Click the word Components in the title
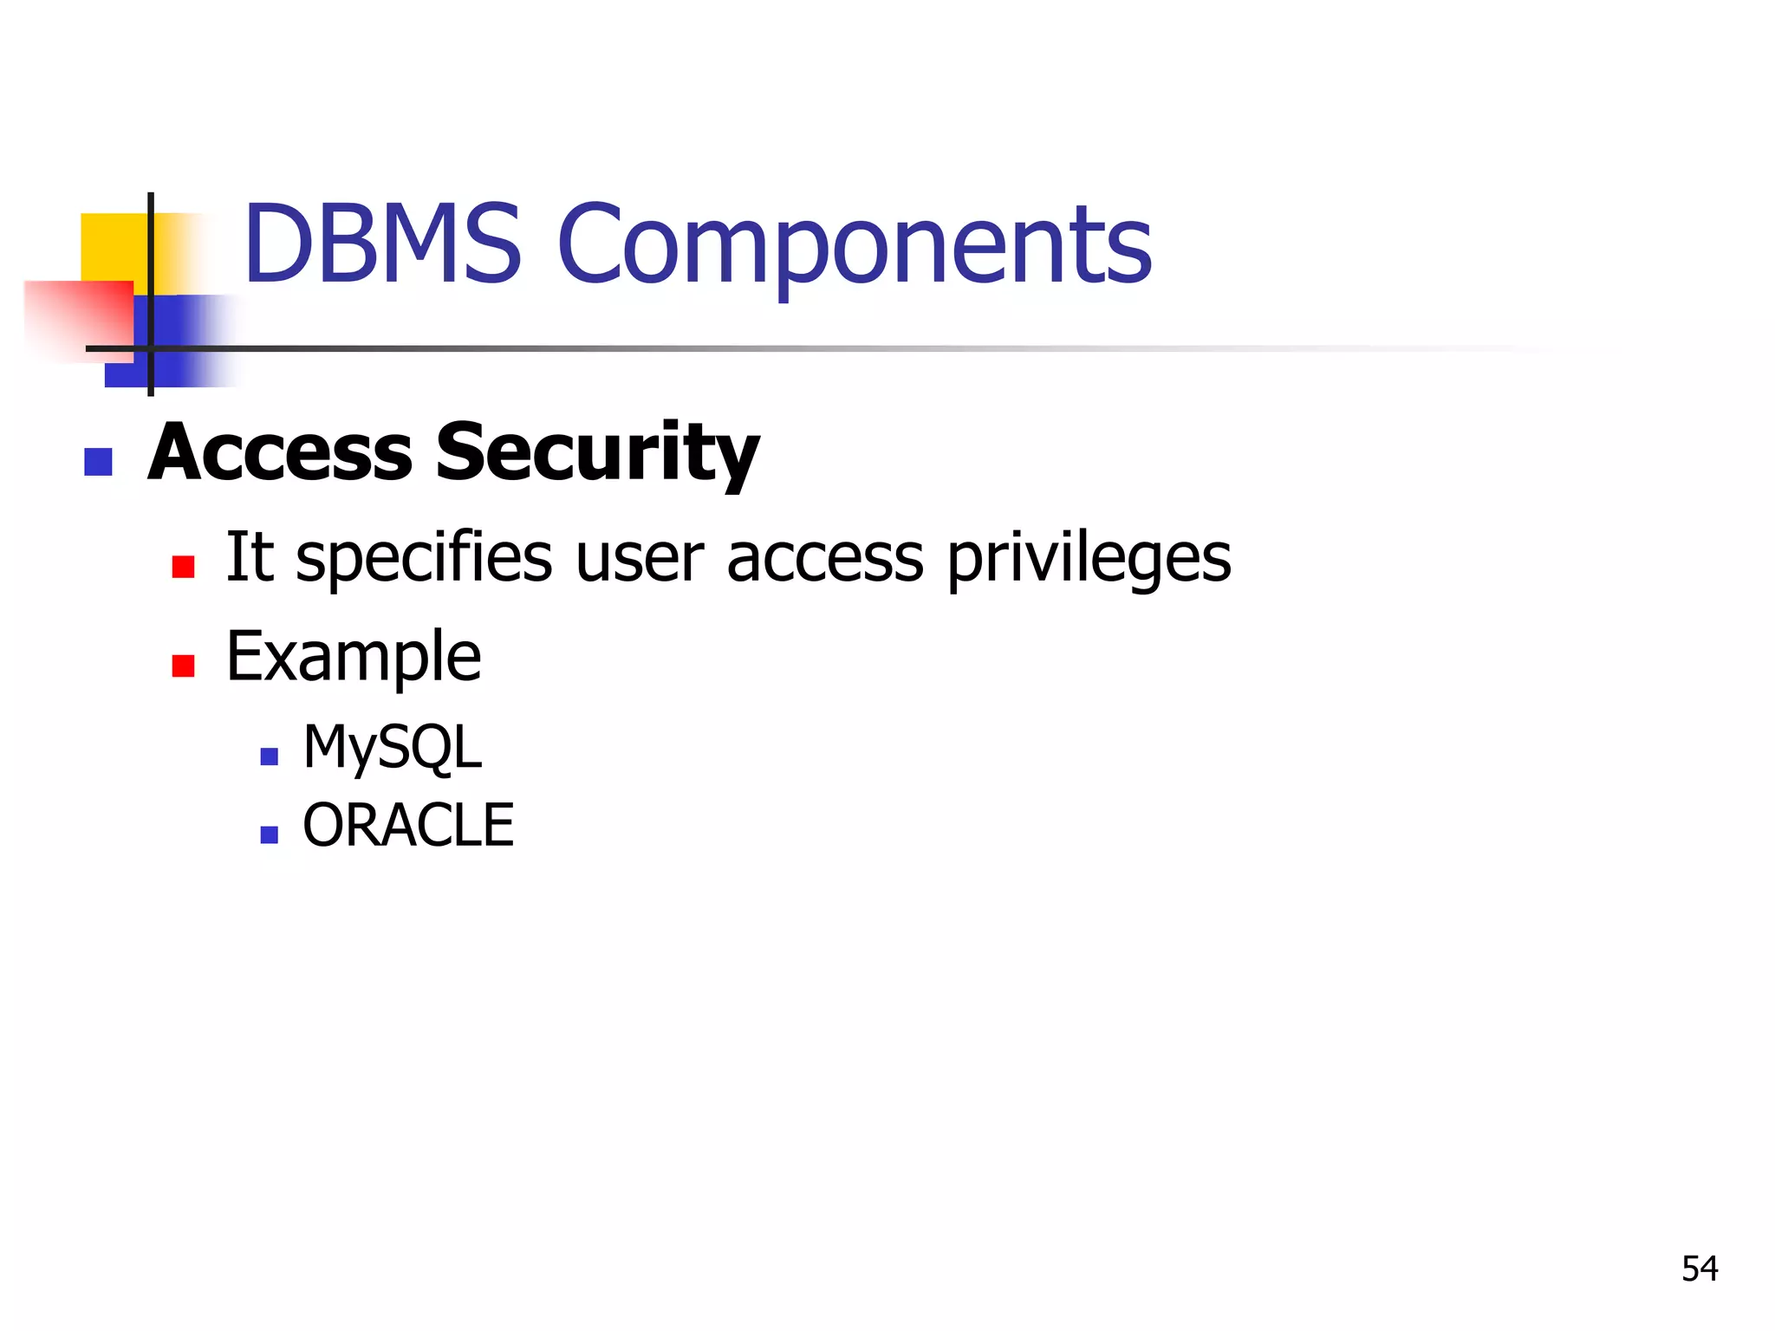(855, 247)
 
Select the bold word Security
(597, 454)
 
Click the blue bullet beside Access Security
(99, 462)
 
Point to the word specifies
(424, 559)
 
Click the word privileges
(1088, 559)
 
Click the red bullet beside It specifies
(183, 567)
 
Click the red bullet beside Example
(183, 665)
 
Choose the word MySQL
(392, 748)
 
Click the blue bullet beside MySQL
(269, 756)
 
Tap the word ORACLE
(408, 825)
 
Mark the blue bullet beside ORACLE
(269, 834)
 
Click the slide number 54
(1699, 1269)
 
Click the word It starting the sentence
(250, 556)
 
